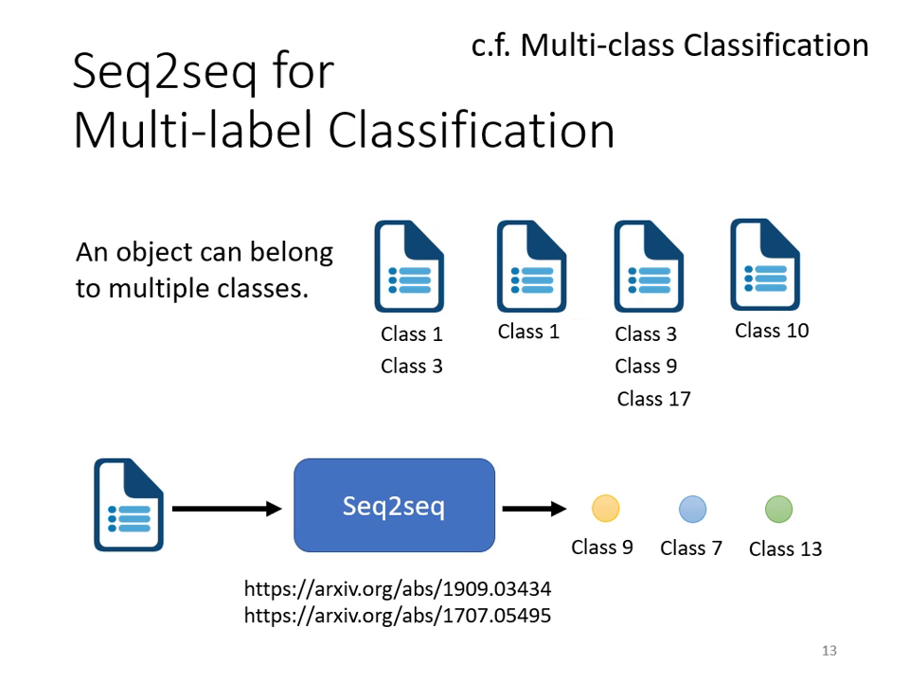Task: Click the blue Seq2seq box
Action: (394, 505)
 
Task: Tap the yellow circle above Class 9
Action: (605, 509)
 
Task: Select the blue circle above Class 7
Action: (692, 509)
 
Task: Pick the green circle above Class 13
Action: (778, 509)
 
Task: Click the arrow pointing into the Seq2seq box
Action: (226, 509)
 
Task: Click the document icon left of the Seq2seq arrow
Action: (129, 505)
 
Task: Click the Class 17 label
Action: (653, 399)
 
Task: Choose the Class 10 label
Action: (772, 331)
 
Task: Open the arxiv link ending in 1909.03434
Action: (398, 589)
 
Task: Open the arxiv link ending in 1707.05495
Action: (398, 616)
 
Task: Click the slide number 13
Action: (829, 651)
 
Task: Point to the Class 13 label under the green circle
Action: (785, 549)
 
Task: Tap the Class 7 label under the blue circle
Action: (691, 548)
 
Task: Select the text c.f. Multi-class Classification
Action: (669, 45)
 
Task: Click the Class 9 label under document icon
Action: (646, 366)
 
